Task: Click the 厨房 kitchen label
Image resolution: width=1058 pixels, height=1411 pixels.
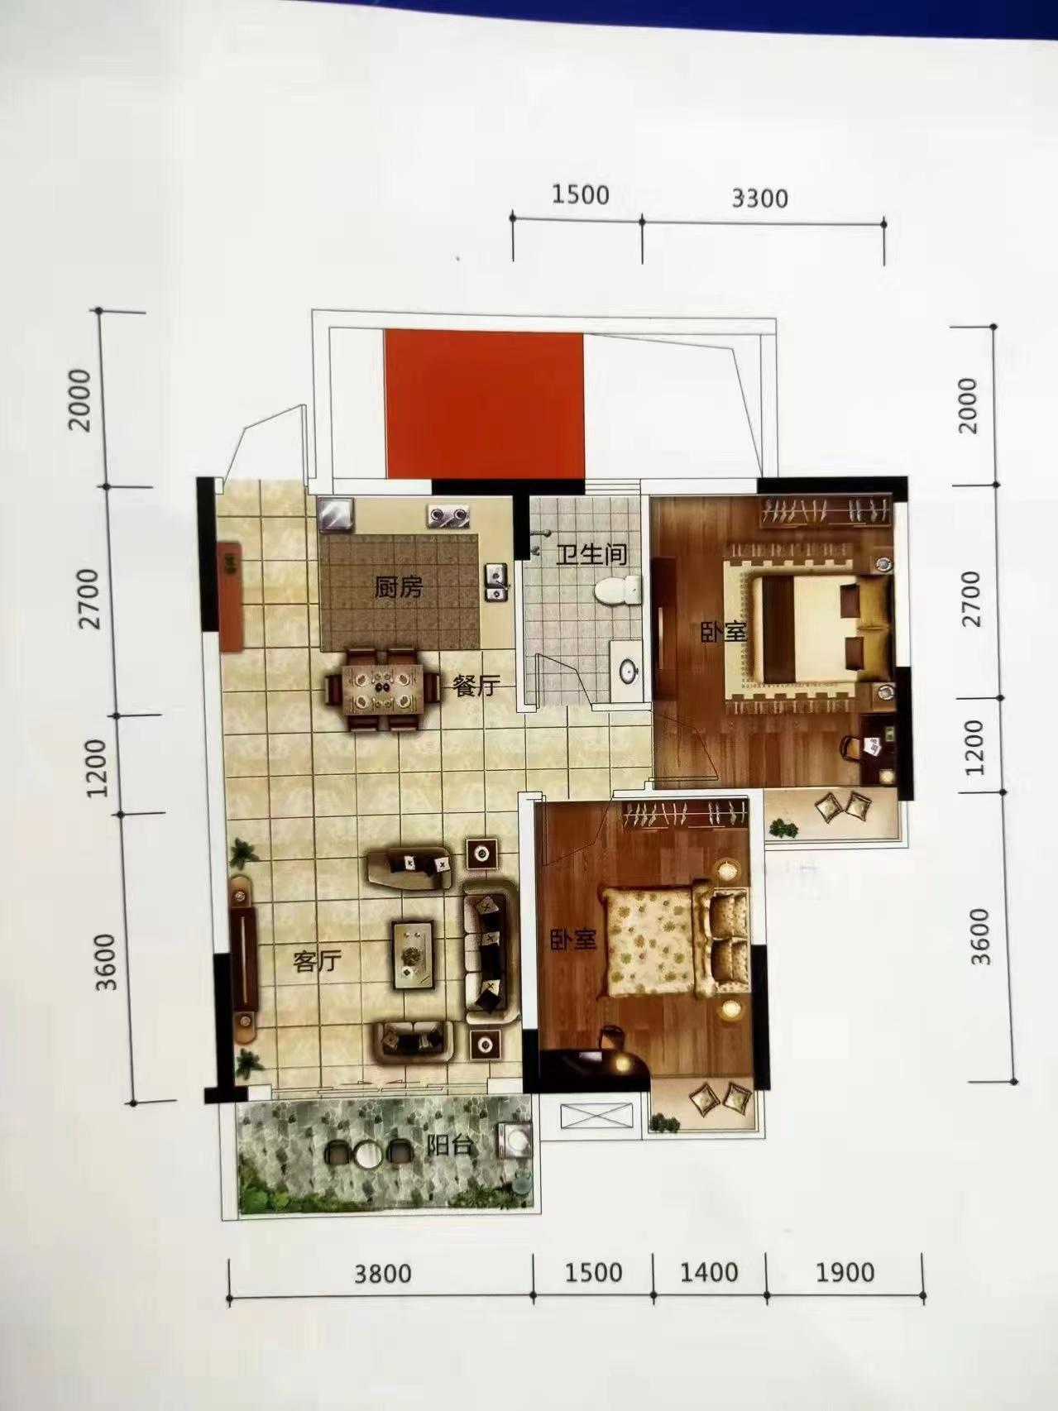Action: point(398,588)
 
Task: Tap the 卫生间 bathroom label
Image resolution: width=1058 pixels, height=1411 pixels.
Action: point(591,554)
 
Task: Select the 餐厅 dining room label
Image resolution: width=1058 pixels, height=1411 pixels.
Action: point(475,686)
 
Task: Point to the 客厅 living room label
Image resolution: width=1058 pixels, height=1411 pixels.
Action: point(317,962)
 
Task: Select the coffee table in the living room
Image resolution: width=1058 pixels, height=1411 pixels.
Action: point(413,953)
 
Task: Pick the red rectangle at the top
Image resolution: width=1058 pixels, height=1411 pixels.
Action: point(483,404)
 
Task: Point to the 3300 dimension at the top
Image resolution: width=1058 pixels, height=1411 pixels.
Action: point(760,198)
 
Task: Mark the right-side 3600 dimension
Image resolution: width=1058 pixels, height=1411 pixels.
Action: point(980,937)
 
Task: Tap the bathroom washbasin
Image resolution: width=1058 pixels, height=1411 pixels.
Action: point(626,670)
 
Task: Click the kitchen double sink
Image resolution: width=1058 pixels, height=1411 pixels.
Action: point(495,581)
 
